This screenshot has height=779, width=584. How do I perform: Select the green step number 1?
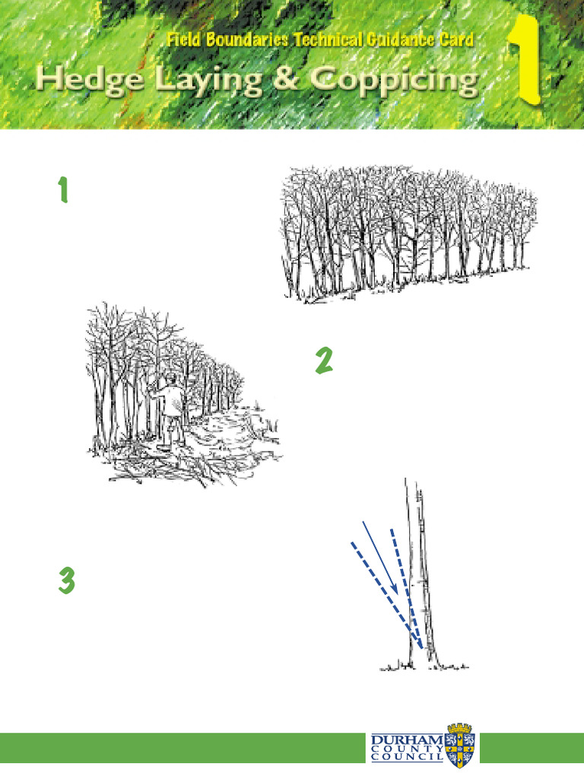[63, 191]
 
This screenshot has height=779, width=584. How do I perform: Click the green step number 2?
[324, 361]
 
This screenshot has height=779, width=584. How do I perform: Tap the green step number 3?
[66, 582]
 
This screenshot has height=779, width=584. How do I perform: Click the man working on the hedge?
[171, 407]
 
